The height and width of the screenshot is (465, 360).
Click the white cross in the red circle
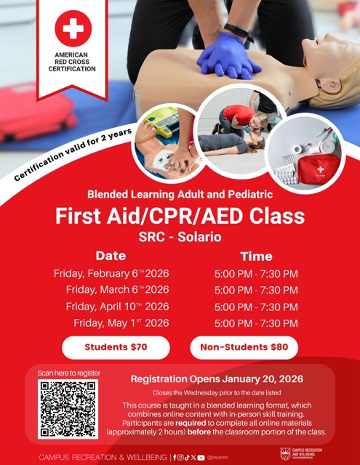73,29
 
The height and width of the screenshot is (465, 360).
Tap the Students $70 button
116,347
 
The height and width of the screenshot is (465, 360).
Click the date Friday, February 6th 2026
111,274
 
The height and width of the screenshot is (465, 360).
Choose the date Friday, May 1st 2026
121,323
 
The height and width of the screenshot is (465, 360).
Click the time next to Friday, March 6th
256,291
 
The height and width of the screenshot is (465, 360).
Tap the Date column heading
111,256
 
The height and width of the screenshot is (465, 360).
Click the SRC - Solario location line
180,236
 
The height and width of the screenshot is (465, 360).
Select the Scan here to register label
69,373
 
